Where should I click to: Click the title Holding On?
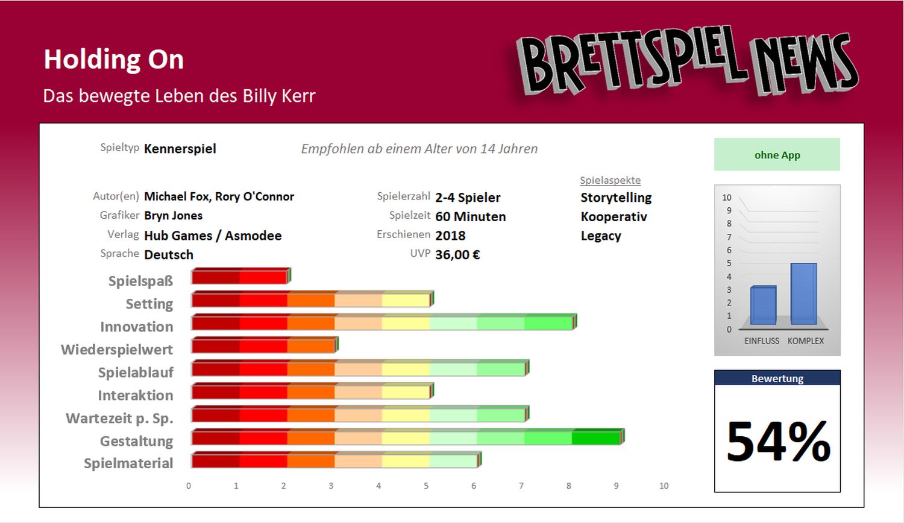(x=113, y=60)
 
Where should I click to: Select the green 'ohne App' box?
(x=777, y=155)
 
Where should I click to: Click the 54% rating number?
(x=778, y=442)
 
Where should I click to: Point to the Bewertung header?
(x=777, y=378)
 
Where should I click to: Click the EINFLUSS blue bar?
(x=763, y=305)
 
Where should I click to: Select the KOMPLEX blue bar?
(x=803, y=294)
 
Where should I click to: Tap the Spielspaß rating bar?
(x=240, y=277)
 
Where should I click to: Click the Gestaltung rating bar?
(x=407, y=437)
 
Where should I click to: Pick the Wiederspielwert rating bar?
(x=264, y=346)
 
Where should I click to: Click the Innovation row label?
(x=137, y=327)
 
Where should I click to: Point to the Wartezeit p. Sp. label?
(x=119, y=418)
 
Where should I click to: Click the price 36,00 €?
(x=457, y=255)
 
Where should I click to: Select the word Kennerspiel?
(x=180, y=149)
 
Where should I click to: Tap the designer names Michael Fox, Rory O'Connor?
(x=219, y=196)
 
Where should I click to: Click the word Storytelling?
(x=616, y=198)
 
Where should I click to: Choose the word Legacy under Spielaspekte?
(x=600, y=236)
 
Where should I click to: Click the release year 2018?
(x=450, y=236)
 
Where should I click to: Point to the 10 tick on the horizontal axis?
(x=664, y=486)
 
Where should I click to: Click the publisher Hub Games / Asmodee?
(x=213, y=236)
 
